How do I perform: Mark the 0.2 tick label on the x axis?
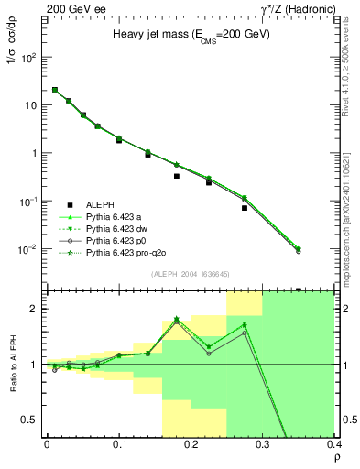191,445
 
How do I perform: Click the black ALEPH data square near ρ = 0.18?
177,176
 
